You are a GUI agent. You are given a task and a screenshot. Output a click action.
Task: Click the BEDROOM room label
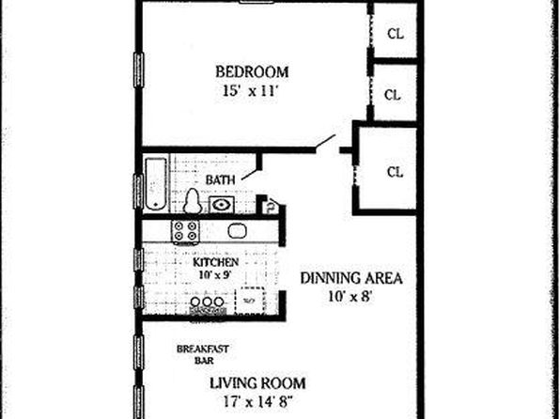pos(252,71)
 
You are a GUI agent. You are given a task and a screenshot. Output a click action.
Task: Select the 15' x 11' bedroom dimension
pos(250,91)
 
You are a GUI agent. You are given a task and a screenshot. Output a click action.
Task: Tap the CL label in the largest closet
pos(395,172)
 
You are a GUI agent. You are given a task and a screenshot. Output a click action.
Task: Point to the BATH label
pos(221,179)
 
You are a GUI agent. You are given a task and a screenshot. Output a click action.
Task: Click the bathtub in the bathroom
pos(156,183)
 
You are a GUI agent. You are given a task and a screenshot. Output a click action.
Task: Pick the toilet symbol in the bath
pos(192,201)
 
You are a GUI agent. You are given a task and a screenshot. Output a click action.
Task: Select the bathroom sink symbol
pos(222,205)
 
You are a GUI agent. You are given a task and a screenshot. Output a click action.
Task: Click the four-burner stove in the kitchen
pos(185,231)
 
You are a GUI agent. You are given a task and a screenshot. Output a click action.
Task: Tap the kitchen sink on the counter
pos(238,230)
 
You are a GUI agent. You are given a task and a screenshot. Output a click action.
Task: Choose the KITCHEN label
pos(216,262)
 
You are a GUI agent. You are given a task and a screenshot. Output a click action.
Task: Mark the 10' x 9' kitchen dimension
pos(215,274)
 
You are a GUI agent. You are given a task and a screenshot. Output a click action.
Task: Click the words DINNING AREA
pos(351,278)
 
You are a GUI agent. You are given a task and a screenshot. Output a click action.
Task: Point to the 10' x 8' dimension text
pos(351,296)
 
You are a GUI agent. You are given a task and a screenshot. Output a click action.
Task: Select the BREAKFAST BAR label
pos(203,354)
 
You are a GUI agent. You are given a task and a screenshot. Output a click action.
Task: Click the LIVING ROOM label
pos(257,383)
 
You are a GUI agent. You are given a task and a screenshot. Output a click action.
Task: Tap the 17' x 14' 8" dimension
pos(257,401)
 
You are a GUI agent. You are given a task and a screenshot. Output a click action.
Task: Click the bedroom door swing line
pos(325,142)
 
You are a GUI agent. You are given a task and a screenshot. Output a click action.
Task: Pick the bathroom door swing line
pos(249,174)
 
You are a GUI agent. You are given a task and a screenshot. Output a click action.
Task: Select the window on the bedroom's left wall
pos(138,70)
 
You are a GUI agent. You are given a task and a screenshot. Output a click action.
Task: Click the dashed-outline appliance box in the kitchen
pos(250,300)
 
